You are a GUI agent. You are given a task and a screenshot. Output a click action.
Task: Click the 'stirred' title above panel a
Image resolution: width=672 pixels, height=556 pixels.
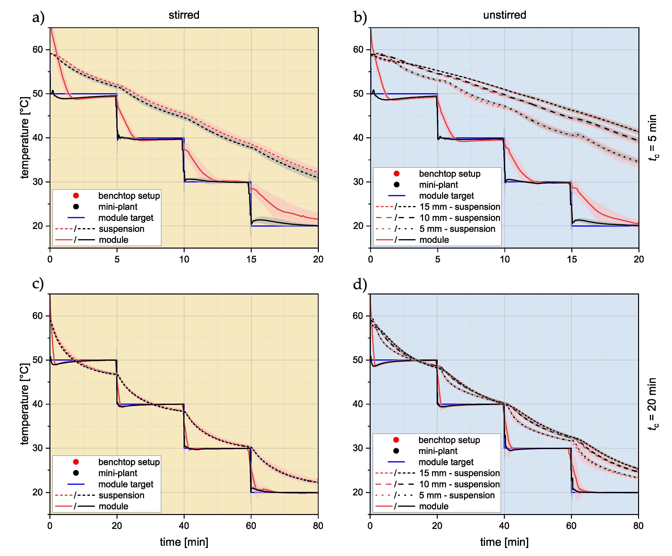pyautogui.click(x=184, y=15)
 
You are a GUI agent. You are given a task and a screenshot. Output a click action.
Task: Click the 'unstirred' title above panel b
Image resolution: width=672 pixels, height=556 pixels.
pyautogui.click(x=505, y=15)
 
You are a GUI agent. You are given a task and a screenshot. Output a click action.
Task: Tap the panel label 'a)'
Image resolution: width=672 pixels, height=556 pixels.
pyautogui.click(x=38, y=17)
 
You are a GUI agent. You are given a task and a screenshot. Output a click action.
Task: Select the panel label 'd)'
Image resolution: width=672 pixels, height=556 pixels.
pyautogui.click(x=360, y=284)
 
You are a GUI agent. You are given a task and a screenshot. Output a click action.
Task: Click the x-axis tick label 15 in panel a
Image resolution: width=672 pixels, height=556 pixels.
pyautogui.click(x=251, y=259)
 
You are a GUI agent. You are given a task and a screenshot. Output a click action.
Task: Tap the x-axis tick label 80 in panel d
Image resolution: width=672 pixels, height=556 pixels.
pyautogui.click(x=638, y=526)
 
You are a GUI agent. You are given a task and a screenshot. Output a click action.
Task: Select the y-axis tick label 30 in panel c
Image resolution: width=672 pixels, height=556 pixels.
pyautogui.click(x=37, y=448)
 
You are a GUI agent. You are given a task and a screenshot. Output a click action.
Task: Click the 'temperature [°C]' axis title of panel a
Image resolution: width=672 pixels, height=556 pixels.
pyautogui.click(x=25, y=138)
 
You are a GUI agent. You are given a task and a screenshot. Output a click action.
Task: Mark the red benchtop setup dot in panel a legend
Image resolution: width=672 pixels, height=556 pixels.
pyautogui.click(x=76, y=195)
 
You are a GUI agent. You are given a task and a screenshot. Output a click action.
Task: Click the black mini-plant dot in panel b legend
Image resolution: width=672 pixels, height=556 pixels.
pyautogui.click(x=397, y=185)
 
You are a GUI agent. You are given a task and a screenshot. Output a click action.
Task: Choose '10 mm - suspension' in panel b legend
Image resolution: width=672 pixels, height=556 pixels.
pyautogui.click(x=460, y=218)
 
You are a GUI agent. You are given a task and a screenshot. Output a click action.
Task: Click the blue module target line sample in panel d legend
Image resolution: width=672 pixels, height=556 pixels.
pyautogui.click(x=396, y=462)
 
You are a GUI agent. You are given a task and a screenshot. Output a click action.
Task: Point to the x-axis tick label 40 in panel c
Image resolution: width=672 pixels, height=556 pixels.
pyautogui.click(x=184, y=526)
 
